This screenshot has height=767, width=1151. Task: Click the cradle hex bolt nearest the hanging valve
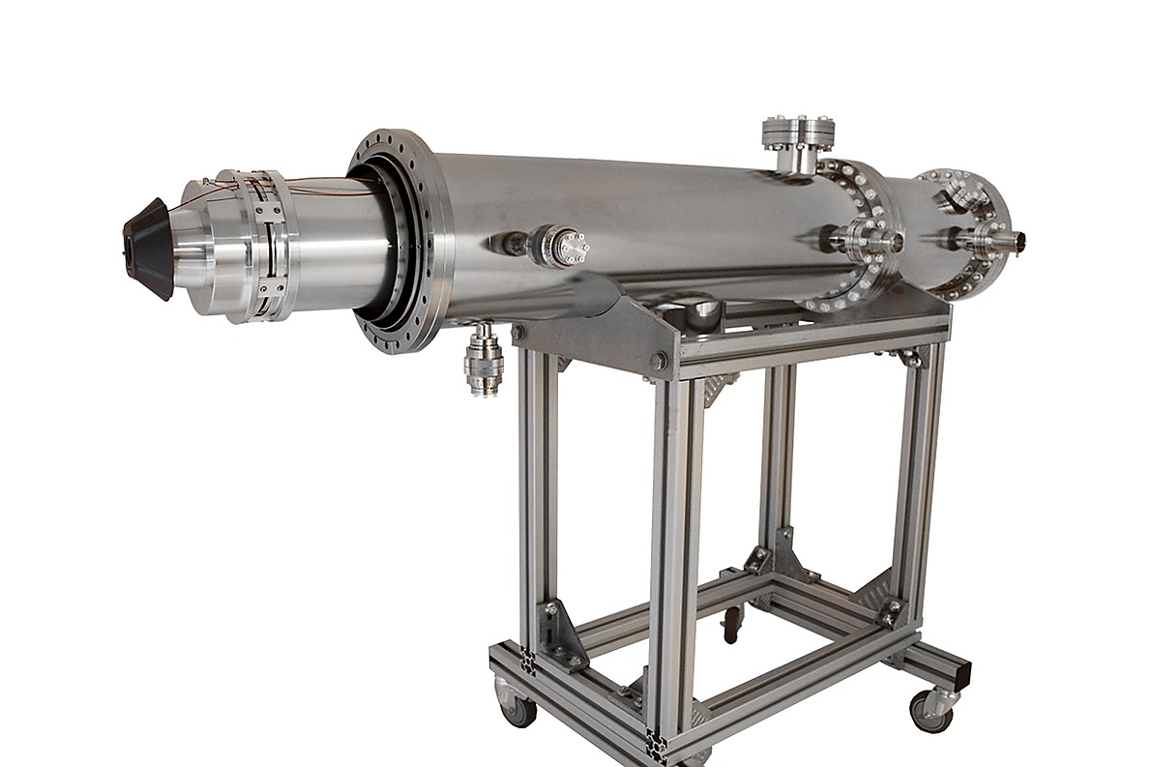pos(518,334)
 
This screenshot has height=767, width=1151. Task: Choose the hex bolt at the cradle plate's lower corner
pos(659,362)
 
